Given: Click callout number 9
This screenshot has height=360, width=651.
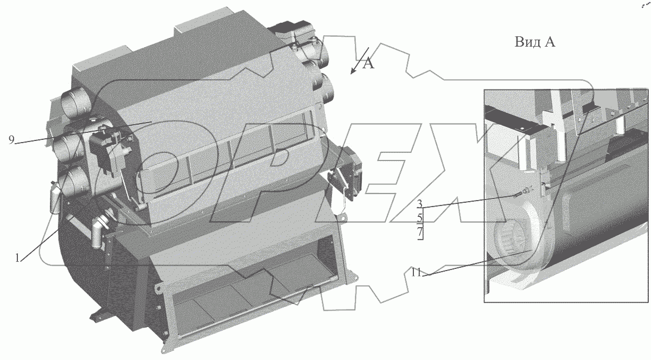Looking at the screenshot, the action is coord(11,140).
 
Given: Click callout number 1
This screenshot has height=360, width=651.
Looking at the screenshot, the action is coord(17,258).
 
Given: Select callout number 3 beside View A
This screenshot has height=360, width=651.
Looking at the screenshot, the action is coord(419,204).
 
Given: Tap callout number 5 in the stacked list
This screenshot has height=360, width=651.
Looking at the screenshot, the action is coord(419,217).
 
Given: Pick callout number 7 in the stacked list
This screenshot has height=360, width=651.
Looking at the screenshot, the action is coord(419,232).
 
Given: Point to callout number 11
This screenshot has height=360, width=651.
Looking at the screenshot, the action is coord(416,272).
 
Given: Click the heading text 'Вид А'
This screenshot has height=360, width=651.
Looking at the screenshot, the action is coord(535,42).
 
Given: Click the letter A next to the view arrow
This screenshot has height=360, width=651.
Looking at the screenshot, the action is coord(368,63).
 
